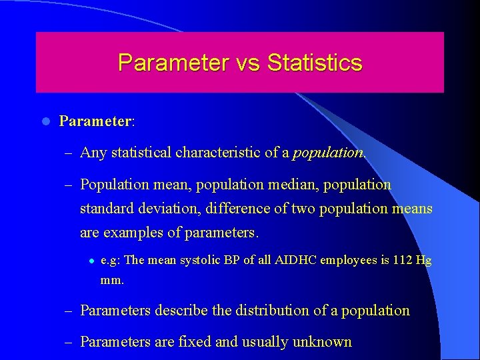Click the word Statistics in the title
tap(315, 63)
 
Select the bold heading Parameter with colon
tap(97, 121)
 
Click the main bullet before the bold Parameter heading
tap(45, 121)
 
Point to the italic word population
tap(327, 153)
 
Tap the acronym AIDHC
tap(295, 260)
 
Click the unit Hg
tap(423, 261)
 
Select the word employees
tap(349, 261)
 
